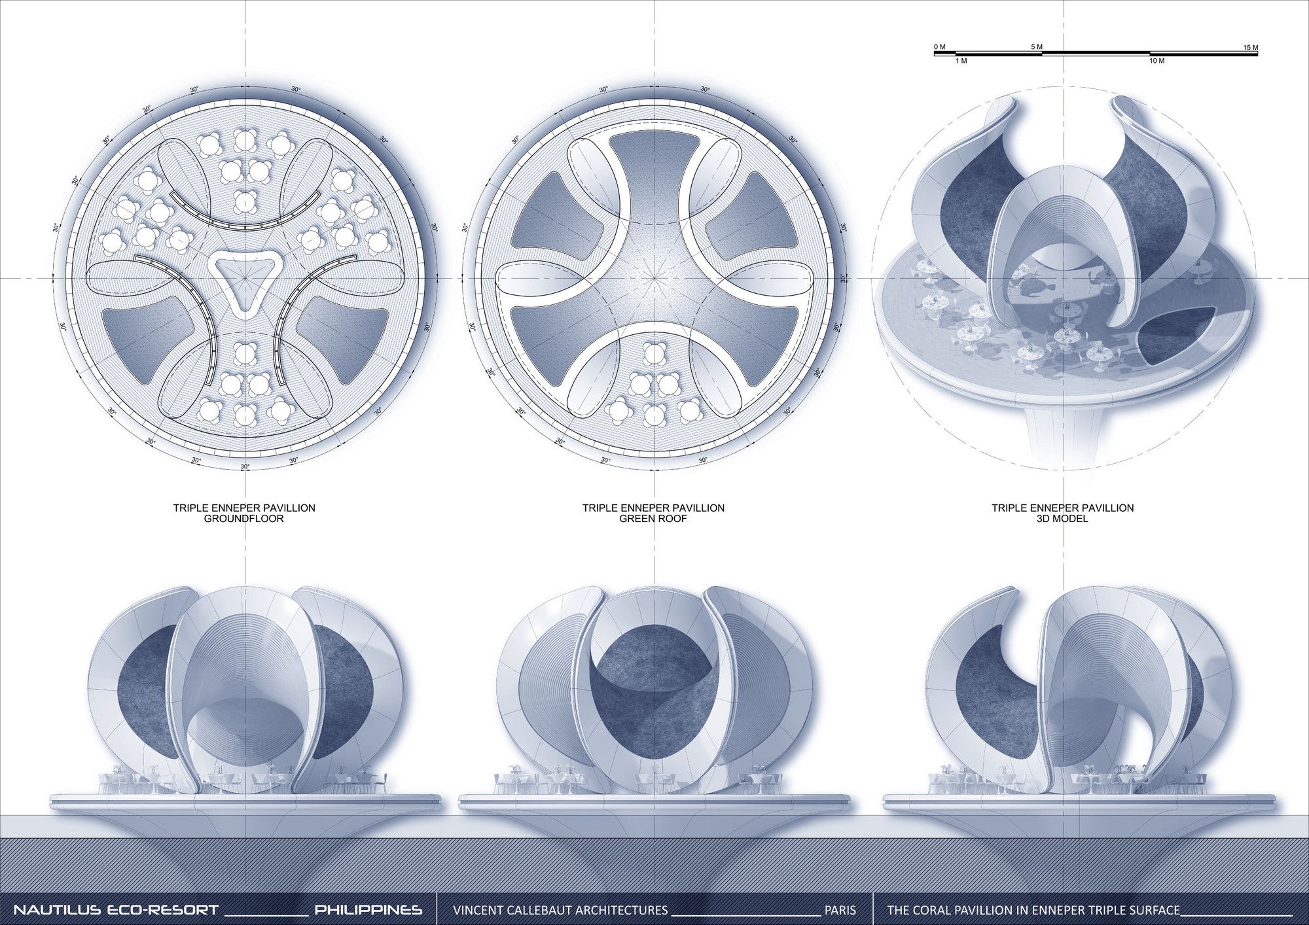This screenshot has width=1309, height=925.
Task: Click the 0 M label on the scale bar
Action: [939, 47]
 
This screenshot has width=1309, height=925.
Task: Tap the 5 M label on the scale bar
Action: [1037, 47]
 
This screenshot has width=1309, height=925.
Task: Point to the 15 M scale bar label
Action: [1250, 48]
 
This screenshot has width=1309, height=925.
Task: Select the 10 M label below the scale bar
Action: [1157, 61]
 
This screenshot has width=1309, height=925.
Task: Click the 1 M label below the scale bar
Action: [961, 61]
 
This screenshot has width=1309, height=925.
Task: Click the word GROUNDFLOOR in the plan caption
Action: [244, 519]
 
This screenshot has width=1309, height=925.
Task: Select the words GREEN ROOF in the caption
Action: [653, 519]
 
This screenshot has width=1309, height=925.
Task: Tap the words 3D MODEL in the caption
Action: [1062, 519]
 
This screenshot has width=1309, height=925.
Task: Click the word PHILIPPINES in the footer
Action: [368, 909]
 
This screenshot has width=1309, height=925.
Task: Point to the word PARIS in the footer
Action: [840, 910]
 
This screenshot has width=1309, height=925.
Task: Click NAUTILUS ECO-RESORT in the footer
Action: [116, 909]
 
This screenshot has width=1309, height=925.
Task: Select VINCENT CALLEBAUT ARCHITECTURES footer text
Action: [560, 910]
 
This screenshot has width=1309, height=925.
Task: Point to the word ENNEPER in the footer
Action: [1056, 910]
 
